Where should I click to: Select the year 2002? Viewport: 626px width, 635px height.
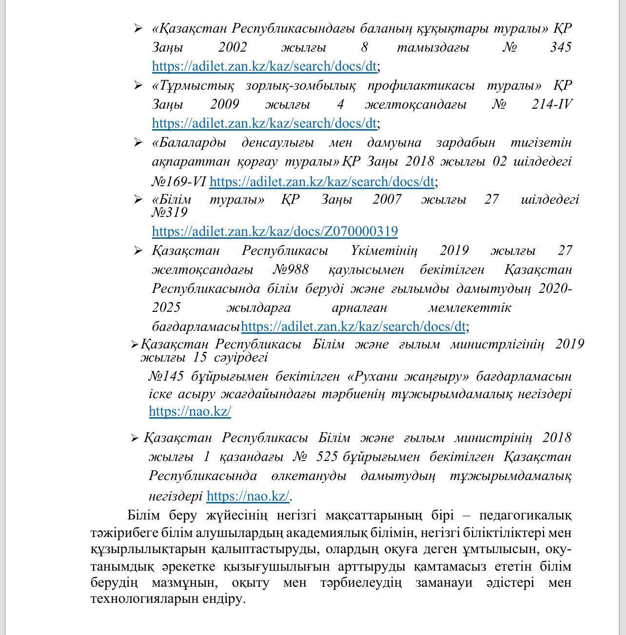[233, 48]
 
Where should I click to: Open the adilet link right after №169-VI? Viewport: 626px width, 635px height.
[322, 182]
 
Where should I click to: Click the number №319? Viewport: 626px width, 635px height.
[169, 212]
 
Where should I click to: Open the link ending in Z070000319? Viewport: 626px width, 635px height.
[274, 231]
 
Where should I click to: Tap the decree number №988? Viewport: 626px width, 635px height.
[291, 270]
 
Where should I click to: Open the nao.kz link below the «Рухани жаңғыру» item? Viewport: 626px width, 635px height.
[190, 411]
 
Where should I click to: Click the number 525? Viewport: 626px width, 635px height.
[327, 457]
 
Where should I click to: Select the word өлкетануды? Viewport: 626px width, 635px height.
[308, 476]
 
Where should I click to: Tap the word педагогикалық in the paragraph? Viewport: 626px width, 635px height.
[525, 515]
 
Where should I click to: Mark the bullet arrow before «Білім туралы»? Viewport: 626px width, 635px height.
[138, 199]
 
